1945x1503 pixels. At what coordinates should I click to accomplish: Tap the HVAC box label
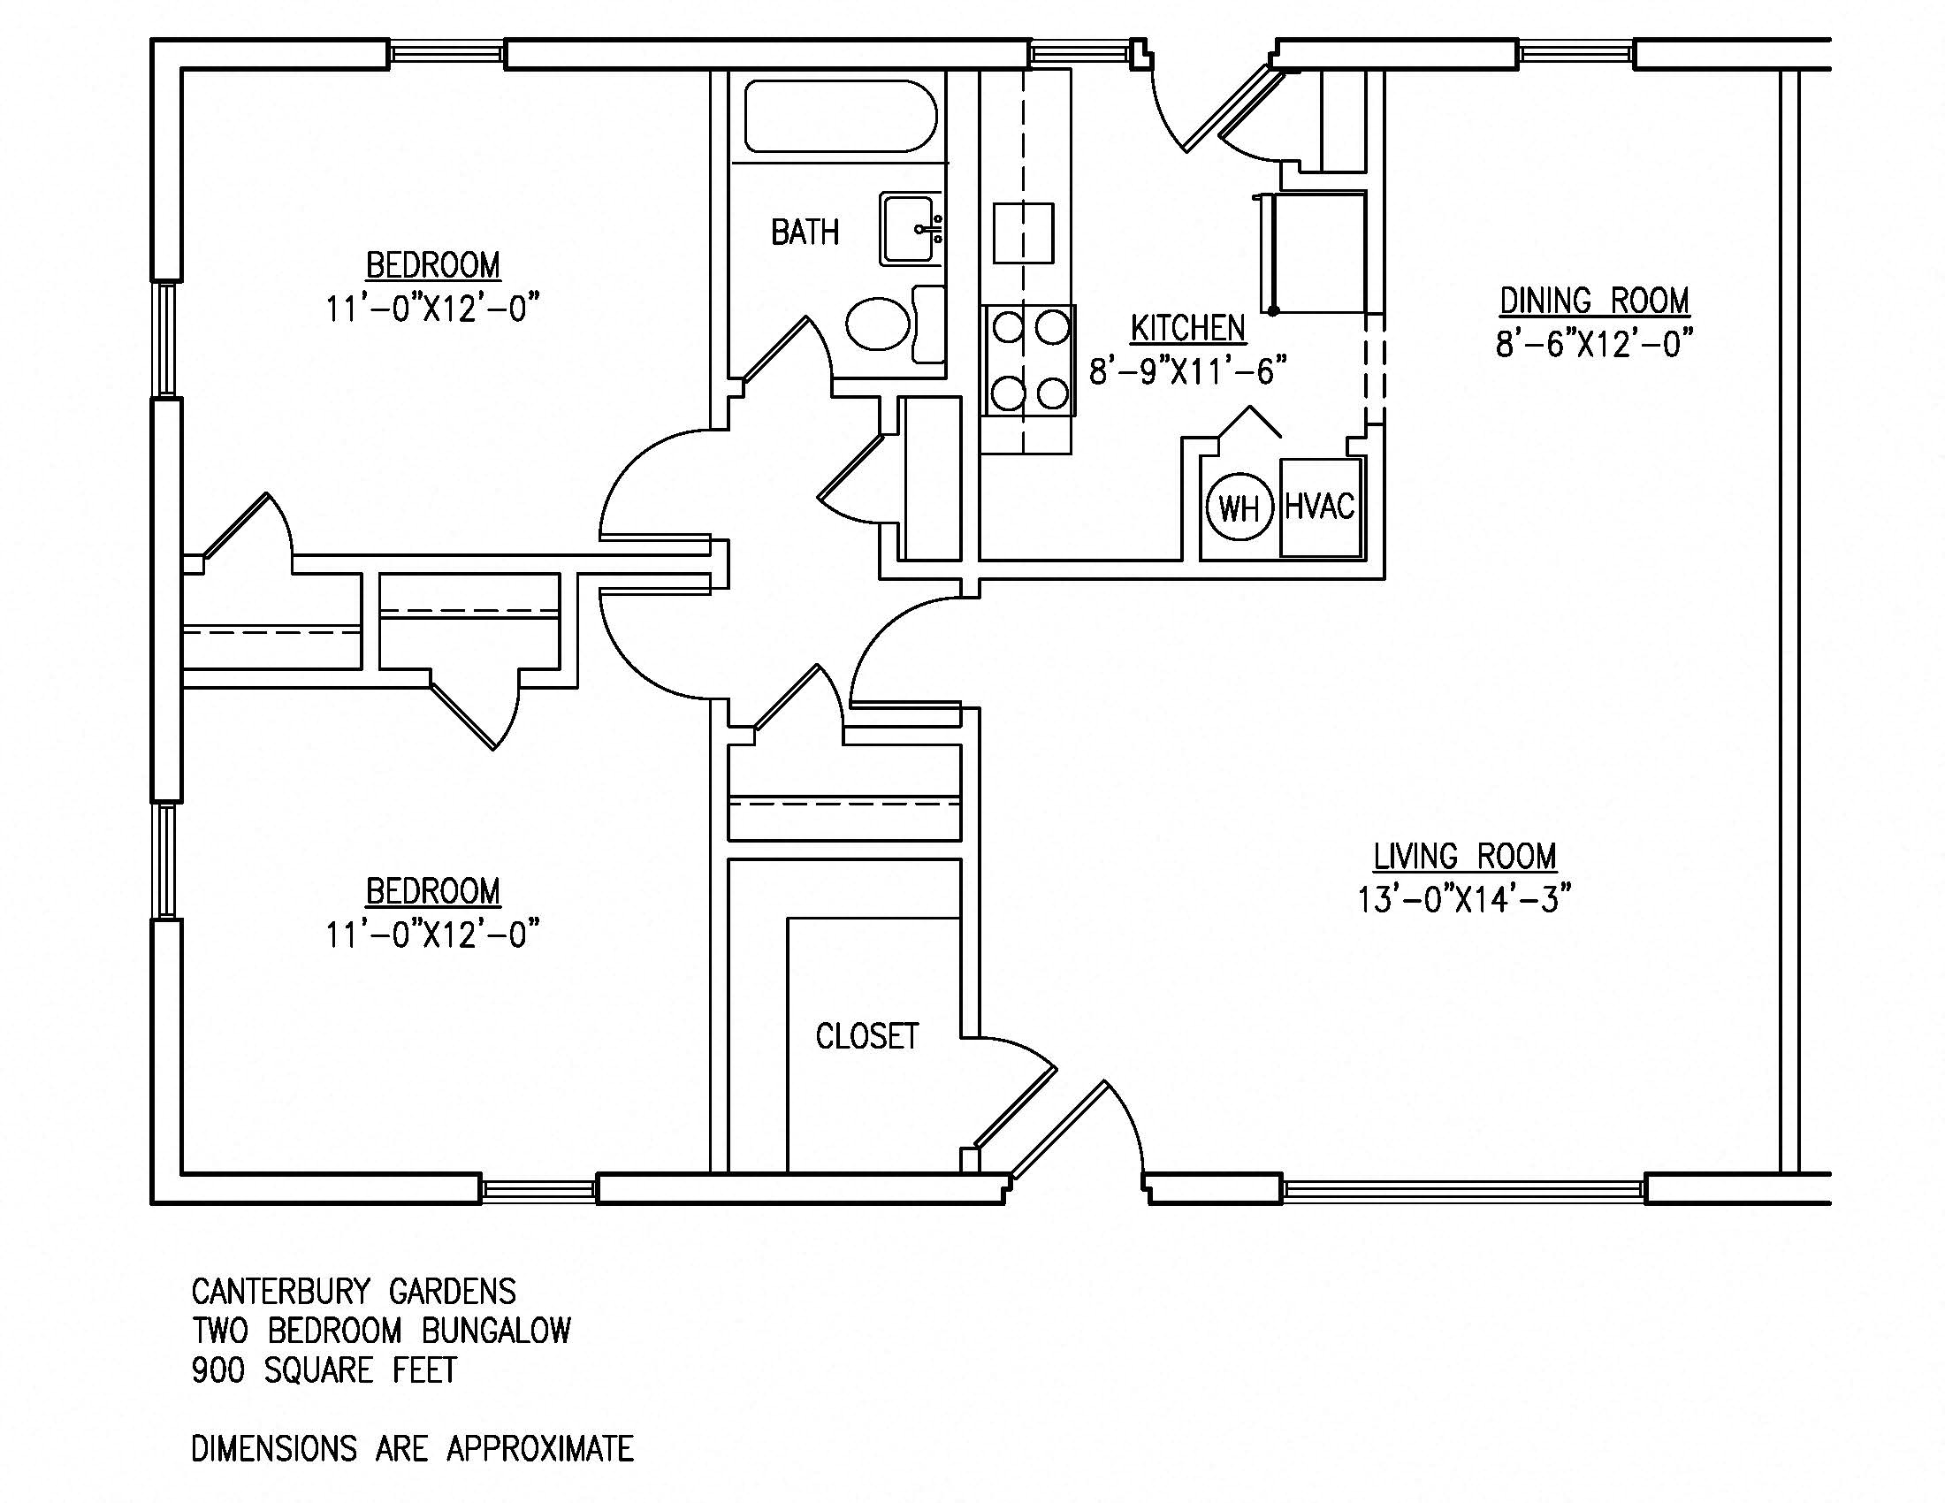click(x=1320, y=507)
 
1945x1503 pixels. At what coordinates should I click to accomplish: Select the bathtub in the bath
click(x=841, y=117)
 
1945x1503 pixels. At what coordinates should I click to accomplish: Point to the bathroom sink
click(x=910, y=229)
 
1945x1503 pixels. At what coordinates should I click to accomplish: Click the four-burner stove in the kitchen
click(x=1028, y=361)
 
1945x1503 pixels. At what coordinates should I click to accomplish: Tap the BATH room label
click(x=805, y=233)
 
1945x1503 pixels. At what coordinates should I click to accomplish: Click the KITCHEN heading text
click(x=1187, y=329)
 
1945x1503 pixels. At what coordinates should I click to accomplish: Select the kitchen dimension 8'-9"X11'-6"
click(x=1187, y=371)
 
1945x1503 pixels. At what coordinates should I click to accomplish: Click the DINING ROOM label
click(x=1594, y=301)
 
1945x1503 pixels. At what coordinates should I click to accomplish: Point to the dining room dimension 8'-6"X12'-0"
click(x=1593, y=344)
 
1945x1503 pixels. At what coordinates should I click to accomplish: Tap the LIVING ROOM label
click(x=1464, y=857)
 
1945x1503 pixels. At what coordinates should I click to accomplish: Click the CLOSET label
click(x=866, y=1035)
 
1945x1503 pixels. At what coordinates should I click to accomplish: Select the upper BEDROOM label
click(x=433, y=265)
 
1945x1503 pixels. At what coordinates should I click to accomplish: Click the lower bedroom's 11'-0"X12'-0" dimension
click(x=433, y=935)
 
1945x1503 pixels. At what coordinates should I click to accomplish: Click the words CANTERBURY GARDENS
click(x=354, y=1291)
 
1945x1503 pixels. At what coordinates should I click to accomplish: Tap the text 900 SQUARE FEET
click(x=324, y=1369)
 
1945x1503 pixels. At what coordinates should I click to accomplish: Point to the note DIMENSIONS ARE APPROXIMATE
click(x=412, y=1449)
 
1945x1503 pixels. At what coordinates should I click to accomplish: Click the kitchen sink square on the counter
click(x=1023, y=233)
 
